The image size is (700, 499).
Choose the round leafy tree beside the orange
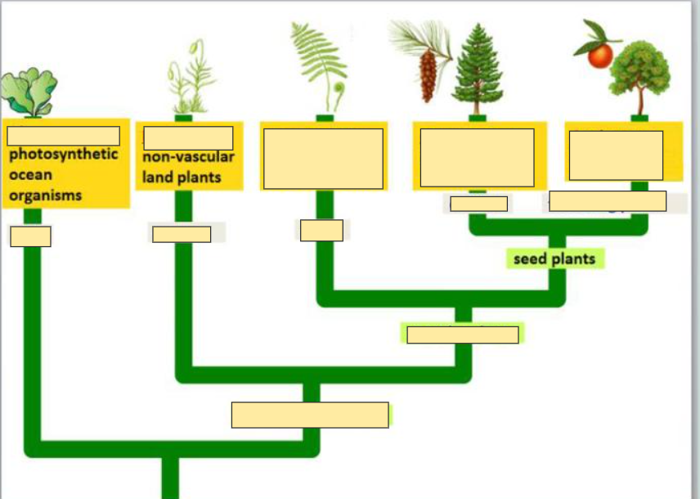tap(640, 74)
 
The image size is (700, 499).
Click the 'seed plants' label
tap(554, 259)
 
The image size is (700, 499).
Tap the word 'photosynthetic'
tap(63, 155)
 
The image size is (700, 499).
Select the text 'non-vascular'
tap(188, 157)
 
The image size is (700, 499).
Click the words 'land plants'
tap(182, 177)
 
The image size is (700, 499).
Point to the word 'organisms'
tap(46, 196)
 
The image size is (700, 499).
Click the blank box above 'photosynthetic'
tap(63, 136)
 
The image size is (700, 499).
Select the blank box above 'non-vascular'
tap(188, 137)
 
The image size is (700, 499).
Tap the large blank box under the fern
tap(323, 158)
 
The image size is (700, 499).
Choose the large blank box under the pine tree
tap(477, 157)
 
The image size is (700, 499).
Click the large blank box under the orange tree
tap(616, 155)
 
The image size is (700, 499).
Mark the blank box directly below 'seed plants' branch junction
tap(462, 335)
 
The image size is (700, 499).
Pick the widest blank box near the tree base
tap(310, 415)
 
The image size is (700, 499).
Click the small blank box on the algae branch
tap(30, 236)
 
